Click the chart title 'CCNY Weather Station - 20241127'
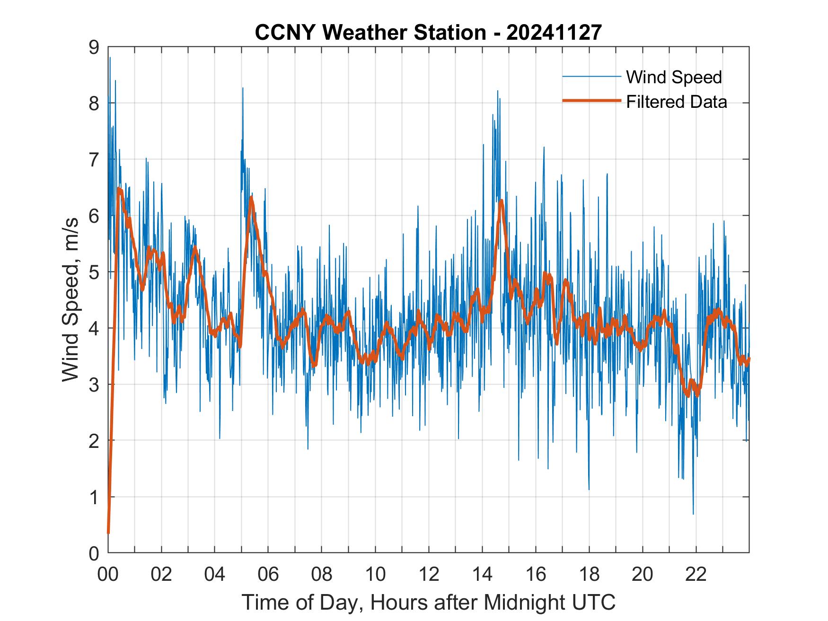pyautogui.click(x=428, y=33)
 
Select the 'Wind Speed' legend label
pyautogui.click(x=674, y=77)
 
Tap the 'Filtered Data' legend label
pyautogui.click(x=676, y=102)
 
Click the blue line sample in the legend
pyautogui.click(x=591, y=77)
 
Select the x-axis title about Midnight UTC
pyautogui.click(x=428, y=602)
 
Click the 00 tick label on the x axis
pyautogui.click(x=108, y=575)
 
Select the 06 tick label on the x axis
pyautogui.click(x=268, y=575)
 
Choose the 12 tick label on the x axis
pyautogui.click(x=429, y=575)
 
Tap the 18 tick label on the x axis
pyautogui.click(x=589, y=575)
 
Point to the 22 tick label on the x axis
pyautogui.click(x=696, y=575)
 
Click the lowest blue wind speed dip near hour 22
pyautogui.click(x=693, y=514)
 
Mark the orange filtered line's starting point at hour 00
pyautogui.click(x=108, y=533)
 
